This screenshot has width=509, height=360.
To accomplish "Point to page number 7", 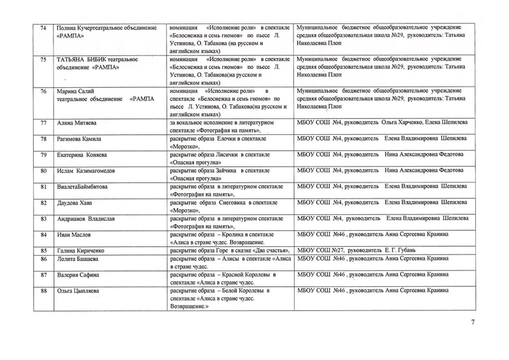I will [x=471, y=323].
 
